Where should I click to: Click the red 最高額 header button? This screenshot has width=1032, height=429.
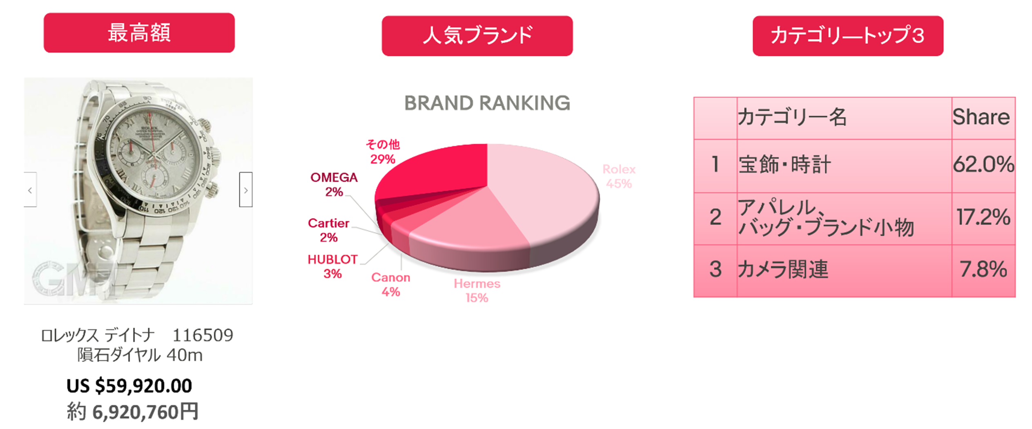tap(139, 33)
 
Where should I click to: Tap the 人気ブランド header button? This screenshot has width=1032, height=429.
tap(477, 36)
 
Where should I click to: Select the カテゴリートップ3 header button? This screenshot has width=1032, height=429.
tap(848, 36)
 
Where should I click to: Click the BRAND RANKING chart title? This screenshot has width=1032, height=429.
tap(487, 103)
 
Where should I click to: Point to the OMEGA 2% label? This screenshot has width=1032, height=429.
tap(334, 185)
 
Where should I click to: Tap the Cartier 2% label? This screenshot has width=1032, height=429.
tap(328, 230)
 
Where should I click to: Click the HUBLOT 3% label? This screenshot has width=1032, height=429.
tap(332, 266)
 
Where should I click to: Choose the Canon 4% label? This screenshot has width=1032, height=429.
tap(390, 284)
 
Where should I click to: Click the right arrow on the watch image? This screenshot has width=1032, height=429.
tap(245, 190)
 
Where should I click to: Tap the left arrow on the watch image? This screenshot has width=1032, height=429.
tap(30, 190)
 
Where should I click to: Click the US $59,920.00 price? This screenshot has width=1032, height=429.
tap(129, 386)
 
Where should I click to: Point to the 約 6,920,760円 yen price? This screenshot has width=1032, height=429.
tap(133, 411)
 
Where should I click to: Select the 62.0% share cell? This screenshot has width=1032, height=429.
tap(983, 165)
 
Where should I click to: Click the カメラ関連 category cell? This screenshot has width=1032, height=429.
tap(844, 270)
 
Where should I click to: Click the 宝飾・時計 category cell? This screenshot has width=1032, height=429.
tap(844, 165)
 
